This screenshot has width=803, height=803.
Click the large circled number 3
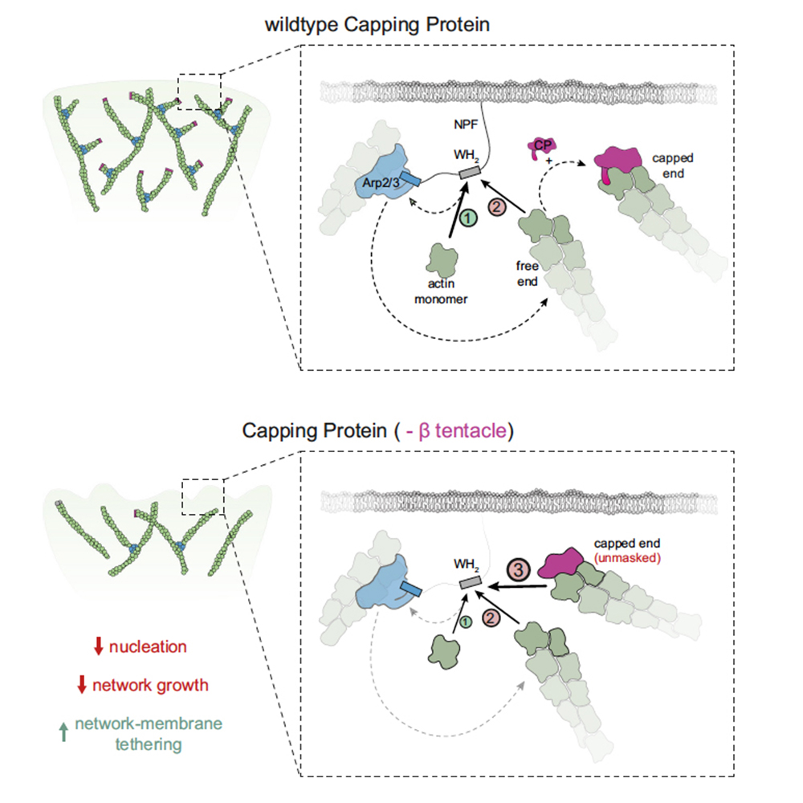pos(519,570)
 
